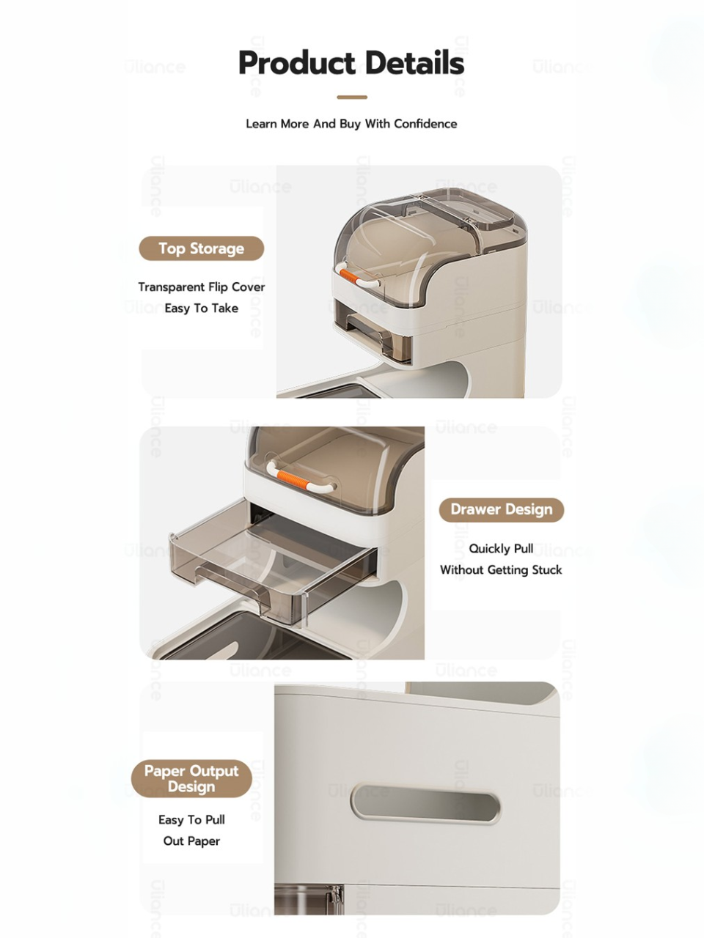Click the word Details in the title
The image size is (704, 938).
coord(414,62)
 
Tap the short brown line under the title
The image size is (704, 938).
coord(352,97)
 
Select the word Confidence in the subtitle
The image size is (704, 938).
coord(425,124)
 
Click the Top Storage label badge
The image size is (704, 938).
coord(202,248)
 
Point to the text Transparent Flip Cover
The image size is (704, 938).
coord(202,287)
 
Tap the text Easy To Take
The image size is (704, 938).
coord(202,308)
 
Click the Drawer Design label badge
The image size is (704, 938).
coord(502,509)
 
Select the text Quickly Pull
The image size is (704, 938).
coord(501,548)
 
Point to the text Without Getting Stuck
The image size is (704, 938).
coord(501,569)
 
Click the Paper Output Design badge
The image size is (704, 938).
coord(191,778)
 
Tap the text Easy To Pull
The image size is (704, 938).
coord(191,819)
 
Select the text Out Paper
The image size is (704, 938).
coord(191,841)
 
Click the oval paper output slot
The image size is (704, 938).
coord(425,803)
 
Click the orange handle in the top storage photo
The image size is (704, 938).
coord(351,276)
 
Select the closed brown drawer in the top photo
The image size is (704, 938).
coord(371,330)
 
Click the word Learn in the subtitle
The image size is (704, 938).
coord(262,124)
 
